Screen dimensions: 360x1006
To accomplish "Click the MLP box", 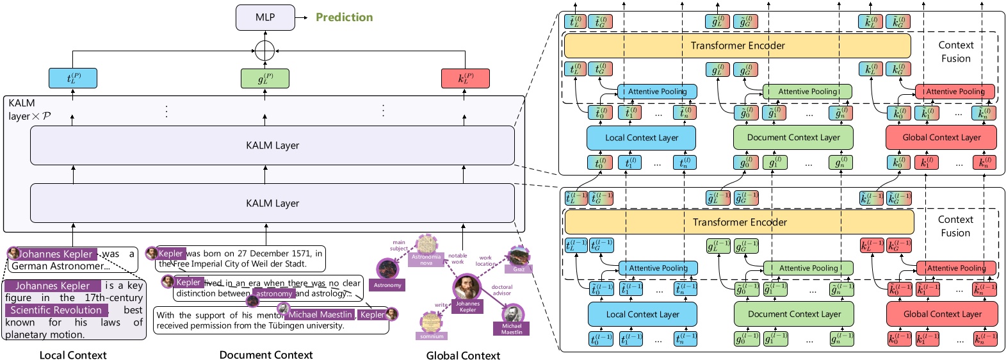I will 265,17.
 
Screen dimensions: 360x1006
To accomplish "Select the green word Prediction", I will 344,17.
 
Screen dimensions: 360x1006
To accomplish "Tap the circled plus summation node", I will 264,50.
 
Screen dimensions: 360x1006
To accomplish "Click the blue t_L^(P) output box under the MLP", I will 73,78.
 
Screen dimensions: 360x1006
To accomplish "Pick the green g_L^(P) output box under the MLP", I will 265,78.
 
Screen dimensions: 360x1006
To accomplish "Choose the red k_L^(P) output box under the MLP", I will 465,78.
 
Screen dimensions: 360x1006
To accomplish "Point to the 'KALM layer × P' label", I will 29,110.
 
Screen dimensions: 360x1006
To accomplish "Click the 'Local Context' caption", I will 73,355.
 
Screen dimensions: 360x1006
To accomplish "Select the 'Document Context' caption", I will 266,355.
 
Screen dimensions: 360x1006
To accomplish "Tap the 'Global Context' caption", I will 463,355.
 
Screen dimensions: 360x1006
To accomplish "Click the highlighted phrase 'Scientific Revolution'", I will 56,310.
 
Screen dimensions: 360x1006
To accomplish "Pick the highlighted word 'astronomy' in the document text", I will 273,293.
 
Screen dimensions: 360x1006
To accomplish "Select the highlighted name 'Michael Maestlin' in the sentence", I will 320,315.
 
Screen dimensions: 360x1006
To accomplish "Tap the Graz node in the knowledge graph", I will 518,258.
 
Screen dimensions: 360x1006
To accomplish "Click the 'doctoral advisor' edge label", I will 502,290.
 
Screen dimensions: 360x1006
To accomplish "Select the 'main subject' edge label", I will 399,245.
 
